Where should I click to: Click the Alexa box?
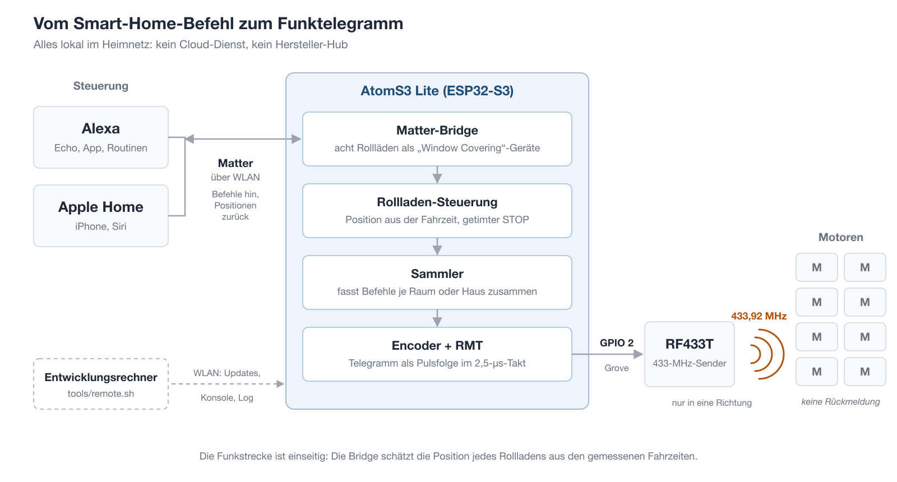(101, 137)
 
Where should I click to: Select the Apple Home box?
(101, 216)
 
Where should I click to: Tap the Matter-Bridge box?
(437, 139)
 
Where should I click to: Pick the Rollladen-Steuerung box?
(437, 211)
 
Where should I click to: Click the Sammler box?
(437, 282)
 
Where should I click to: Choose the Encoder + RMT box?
(437, 354)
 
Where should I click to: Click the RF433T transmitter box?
(689, 354)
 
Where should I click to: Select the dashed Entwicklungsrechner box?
(101, 383)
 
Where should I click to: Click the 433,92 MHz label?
(759, 316)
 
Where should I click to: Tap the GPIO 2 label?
(617, 342)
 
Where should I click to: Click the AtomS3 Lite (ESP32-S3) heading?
(437, 91)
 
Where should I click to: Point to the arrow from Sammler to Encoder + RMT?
(437, 318)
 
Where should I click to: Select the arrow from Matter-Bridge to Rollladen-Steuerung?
(437, 174)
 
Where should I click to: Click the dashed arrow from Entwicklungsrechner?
(228, 384)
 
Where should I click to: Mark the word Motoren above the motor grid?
(840, 237)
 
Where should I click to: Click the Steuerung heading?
(101, 86)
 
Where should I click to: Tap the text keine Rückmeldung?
(840, 401)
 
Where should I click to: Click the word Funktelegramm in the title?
(340, 24)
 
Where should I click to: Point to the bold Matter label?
(235, 163)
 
